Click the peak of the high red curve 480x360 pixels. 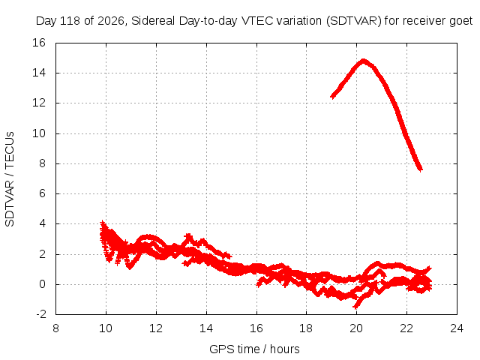coord(363,61)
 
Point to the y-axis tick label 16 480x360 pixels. coord(39,43)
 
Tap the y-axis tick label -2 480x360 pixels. coord(40,314)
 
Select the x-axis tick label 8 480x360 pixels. coord(55,328)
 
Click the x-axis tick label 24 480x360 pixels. coord(457,328)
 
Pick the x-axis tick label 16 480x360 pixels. coord(256,328)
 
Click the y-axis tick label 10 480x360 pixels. coord(39,133)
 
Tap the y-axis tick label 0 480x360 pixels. coord(42,284)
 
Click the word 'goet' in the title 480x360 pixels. coord(461,21)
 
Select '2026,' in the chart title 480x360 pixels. coord(111,21)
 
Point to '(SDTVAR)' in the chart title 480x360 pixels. coord(353,21)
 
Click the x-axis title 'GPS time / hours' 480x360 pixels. coord(254,349)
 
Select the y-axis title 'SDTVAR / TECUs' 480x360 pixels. coord(10,179)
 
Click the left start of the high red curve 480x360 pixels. coord(331,97)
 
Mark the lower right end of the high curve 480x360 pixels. coord(421,169)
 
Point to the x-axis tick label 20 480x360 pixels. coord(356,328)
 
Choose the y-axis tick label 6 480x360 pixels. coord(42,193)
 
